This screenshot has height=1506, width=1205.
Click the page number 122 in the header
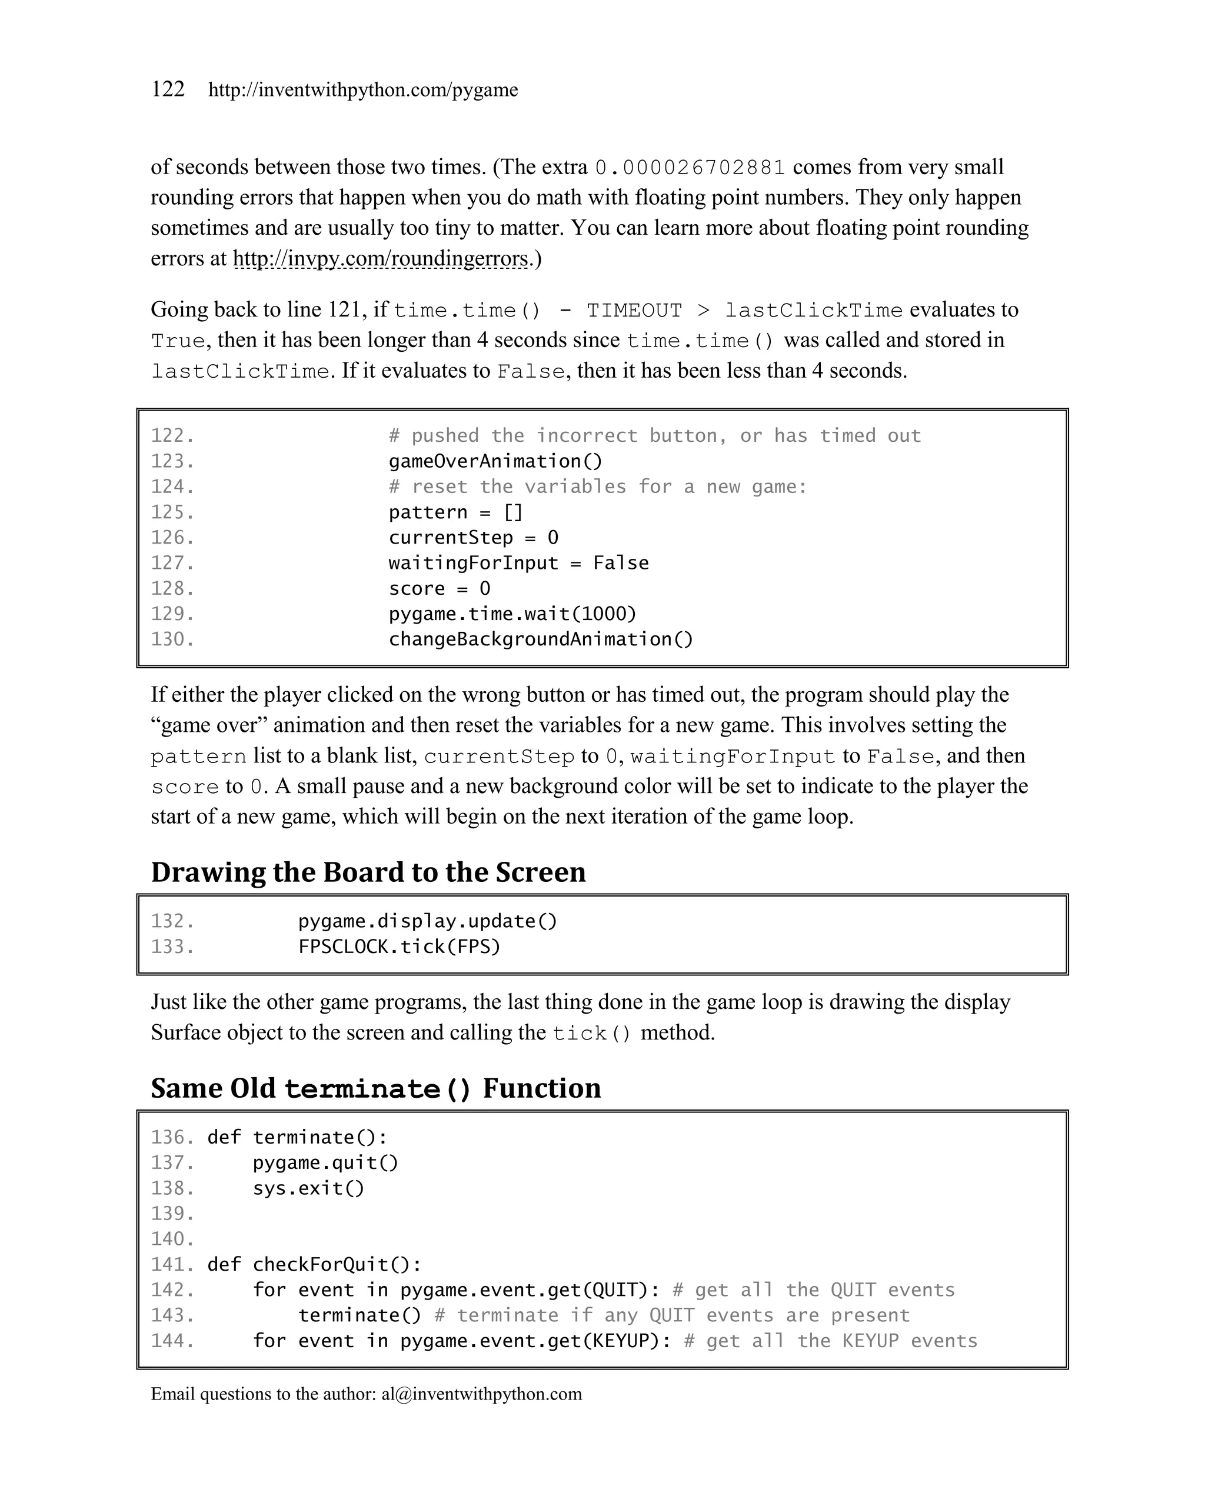point(168,89)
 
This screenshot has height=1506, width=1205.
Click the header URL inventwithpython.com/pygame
point(362,90)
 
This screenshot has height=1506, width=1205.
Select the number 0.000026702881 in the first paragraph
point(690,168)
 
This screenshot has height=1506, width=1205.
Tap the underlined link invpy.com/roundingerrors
point(380,259)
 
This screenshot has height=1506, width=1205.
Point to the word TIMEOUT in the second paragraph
point(634,310)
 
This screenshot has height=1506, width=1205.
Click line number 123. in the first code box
point(172,461)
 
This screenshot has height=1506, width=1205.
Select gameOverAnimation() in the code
point(495,461)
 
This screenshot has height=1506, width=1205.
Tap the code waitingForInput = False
point(518,563)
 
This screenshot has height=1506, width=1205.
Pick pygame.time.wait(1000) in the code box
point(512,614)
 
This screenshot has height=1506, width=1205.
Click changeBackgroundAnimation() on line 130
point(541,639)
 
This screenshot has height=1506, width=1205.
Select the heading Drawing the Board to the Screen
point(368,872)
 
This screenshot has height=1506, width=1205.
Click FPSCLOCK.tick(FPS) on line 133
point(399,947)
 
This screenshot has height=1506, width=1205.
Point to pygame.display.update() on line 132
point(428,921)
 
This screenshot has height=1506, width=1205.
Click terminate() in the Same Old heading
point(378,1089)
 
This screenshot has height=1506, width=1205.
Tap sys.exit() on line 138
point(308,1188)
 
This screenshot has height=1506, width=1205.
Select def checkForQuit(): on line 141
point(314,1264)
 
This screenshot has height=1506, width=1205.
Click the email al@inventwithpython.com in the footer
point(481,1394)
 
